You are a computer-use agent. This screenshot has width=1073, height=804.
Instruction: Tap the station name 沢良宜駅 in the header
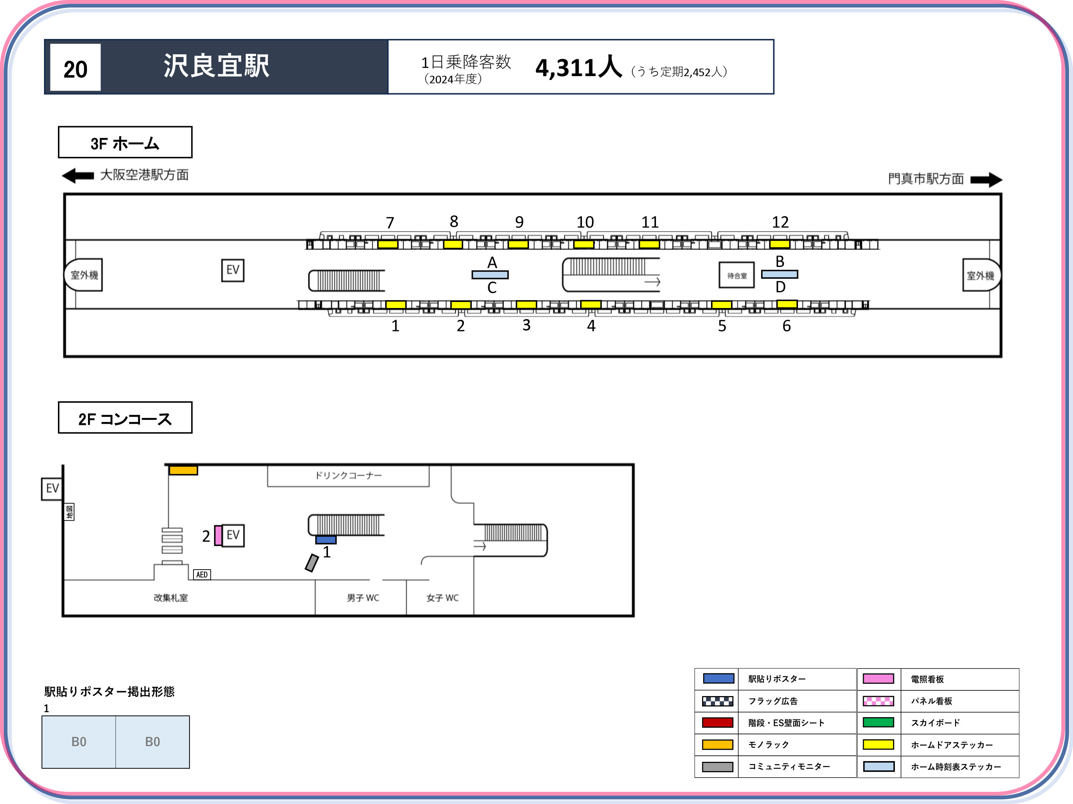coord(216,65)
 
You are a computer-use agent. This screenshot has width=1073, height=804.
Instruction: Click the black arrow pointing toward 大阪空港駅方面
coord(78,175)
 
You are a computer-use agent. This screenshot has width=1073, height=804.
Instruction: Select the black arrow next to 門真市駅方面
coord(986,180)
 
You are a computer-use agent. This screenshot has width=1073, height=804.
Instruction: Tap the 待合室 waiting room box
coord(737,275)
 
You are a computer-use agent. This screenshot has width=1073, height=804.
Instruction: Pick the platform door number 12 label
coord(780,223)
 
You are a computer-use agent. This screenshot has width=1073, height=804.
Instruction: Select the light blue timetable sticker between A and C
coord(490,275)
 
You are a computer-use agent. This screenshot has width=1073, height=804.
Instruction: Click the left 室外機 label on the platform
coord(84,275)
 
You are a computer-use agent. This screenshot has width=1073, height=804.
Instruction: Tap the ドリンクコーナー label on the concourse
coord(348,475)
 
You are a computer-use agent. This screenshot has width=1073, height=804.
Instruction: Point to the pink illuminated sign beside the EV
coord(218,536)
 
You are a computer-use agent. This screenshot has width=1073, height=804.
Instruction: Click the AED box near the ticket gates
coord(202,574)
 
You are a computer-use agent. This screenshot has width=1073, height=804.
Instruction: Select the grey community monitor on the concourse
coord(312,563)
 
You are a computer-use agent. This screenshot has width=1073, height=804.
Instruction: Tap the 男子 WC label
coord(363,598)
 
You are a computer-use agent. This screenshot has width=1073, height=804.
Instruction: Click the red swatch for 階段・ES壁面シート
coord(717,723)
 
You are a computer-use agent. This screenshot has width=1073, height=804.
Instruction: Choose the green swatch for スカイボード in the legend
coord(878,723)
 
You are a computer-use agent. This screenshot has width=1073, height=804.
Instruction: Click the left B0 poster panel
coord(79,742)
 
